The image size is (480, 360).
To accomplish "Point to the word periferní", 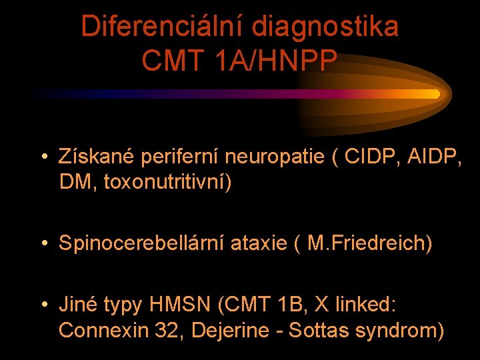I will pyautogui.click(x=179, y=158).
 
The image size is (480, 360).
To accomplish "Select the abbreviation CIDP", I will pyautogui.click(x=371, y=158).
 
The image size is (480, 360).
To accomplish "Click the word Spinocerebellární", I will pyautogui.click(x=143, y=243).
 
